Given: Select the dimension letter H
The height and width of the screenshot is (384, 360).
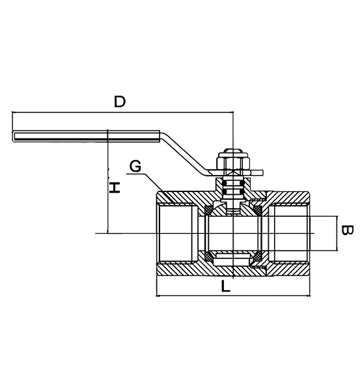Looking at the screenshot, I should (115, 187).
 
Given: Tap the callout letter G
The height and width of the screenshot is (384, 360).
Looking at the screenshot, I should (135, 166).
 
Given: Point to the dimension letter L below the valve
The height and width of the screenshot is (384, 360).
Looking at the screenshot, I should (225, 285).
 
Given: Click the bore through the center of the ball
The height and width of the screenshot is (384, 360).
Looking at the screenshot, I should (234, 233).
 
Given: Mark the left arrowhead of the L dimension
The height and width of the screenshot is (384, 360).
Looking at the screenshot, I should (160, 295).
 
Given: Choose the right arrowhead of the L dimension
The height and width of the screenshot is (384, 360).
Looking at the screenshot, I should (309, 295).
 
